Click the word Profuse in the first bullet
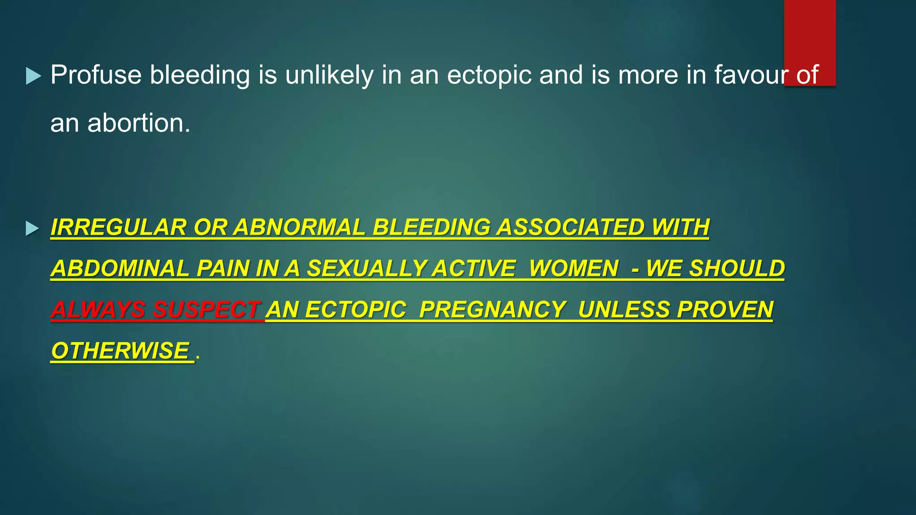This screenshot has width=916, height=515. (96, 75)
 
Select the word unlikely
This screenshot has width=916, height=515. (329, 75)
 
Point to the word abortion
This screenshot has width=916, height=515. (139, 123)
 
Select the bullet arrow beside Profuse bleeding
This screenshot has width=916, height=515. (33, 76)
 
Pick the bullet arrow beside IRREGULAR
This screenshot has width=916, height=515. (32, 228)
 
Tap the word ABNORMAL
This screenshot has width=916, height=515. (299, 227)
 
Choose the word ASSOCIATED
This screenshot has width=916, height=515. (570, 227)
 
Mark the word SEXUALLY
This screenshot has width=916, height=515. (366, 268)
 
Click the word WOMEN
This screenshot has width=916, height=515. (574, 268)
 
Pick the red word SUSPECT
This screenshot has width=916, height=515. (207, 309)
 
